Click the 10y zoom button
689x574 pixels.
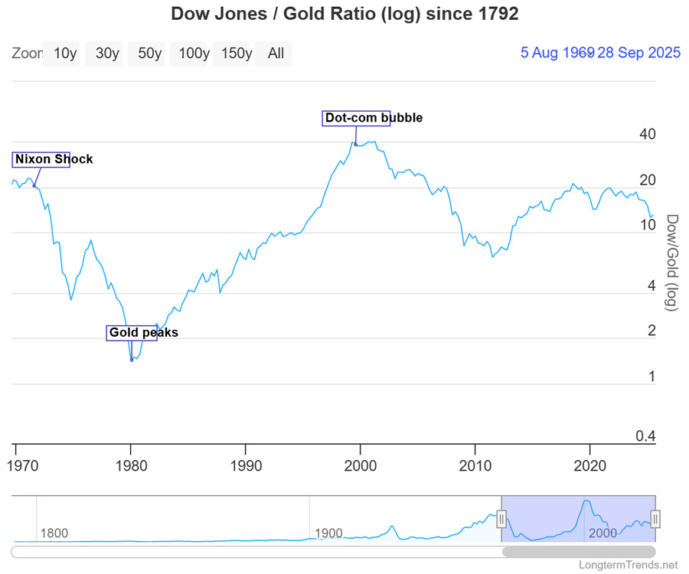[x=65, y=54]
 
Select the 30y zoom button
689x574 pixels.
[x=107, y=54]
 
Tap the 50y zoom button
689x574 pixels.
[x=150, y=54]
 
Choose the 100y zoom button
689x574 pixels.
[x=194, y=54]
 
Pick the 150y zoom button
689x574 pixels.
[x=237, y=54]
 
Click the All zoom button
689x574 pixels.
[x=276, y=54]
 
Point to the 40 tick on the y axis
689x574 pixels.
[x=647, y=135]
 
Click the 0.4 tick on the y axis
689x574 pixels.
[x=645, y=437]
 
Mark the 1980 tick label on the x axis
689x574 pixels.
[x=131, y=466]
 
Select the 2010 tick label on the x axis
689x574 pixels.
[x=475, y=466]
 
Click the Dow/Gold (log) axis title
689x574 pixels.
[x=671, y=262]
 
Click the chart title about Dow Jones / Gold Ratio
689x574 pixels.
[x=344, y=14]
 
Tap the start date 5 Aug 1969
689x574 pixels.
[x=557, y=53]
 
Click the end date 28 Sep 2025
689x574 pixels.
[x=639, y=53]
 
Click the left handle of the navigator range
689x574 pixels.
[x=501, y=520]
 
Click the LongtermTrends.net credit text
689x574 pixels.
[x=630, y=566]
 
